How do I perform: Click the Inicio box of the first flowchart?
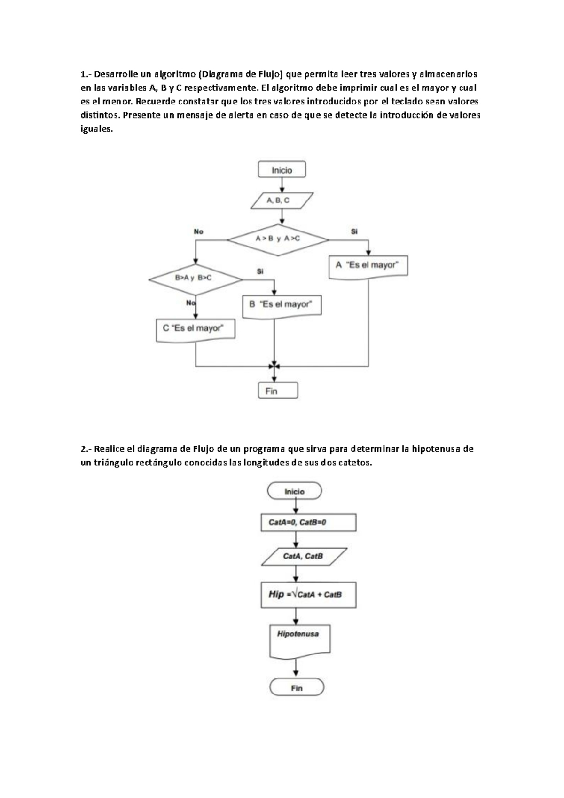point(282,170)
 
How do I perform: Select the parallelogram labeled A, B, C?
point(282,200)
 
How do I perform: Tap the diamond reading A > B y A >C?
point(278,239)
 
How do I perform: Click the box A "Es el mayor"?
point(368,266)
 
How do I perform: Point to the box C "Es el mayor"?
point(195,329)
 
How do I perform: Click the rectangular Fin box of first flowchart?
point(278,391)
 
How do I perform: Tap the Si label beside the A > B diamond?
point(354,231)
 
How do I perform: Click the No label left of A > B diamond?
point(198,231)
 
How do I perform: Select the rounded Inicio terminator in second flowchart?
point(294,491)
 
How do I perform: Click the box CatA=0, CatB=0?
point(308,522)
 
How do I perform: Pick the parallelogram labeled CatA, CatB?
point(304,556)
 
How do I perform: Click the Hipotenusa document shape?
point(300,640)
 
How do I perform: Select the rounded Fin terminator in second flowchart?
point(297,688)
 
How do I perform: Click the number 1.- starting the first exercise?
point(86,74)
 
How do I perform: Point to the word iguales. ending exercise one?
point(97,130)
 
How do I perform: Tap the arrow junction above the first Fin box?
point(274,366)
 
